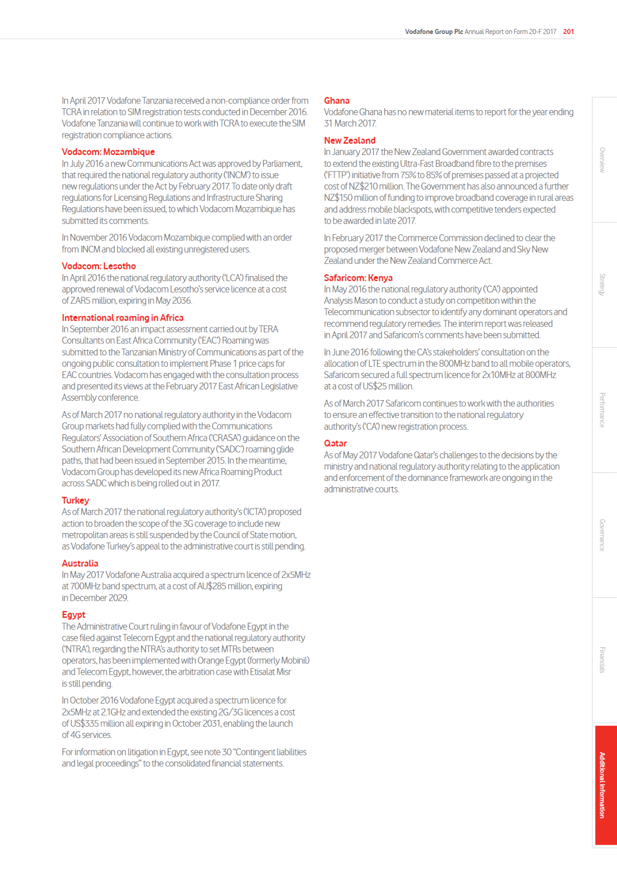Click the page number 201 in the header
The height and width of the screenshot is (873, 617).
(568, 31)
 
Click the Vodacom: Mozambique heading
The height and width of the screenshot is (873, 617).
(108, 152)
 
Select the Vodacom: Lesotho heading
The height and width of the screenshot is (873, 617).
(99, 266)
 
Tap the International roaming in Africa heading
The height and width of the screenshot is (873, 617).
(122, 318)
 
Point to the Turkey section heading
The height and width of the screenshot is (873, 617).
(75, 501)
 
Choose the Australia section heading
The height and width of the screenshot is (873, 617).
(80, 563)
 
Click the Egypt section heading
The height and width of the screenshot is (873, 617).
(74, 615)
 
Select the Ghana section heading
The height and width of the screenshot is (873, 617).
(337, 101)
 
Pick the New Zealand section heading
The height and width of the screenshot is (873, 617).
(349, 141)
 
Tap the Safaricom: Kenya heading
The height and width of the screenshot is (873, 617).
(358, 278)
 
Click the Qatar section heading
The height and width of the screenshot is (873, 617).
(335, 443)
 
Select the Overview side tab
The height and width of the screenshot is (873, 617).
(603, 160)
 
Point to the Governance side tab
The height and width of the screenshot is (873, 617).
(603, 535)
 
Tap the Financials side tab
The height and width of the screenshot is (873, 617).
(603, 660)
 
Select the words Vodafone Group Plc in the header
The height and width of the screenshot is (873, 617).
(434, 31)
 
